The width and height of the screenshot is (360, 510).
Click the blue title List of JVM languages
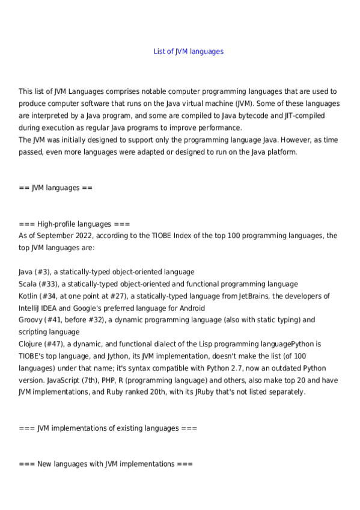tap(189, 52)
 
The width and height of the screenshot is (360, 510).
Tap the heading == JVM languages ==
tap(55, 188)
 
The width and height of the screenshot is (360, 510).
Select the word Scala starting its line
tap(28, 284)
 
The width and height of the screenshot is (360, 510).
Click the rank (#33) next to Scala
tap(49, 284)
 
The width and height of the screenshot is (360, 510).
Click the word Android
tap(176, 308)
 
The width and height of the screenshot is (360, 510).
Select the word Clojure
tap(31, 344)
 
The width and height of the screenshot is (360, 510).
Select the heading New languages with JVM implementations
tap(106, 464)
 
